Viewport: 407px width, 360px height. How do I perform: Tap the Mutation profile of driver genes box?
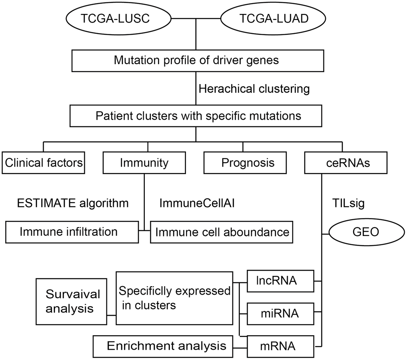click(196, 61)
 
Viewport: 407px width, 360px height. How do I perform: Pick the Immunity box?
click(144, 163)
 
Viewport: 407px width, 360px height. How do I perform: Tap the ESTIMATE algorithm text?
click(73, 203)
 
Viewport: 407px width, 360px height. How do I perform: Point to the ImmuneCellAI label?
click(197, 203)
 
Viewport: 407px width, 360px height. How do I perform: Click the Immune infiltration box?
click(72, 232)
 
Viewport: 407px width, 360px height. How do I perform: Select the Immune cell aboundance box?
click(222, 232)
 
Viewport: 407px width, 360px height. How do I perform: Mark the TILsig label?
click(348, 203)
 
